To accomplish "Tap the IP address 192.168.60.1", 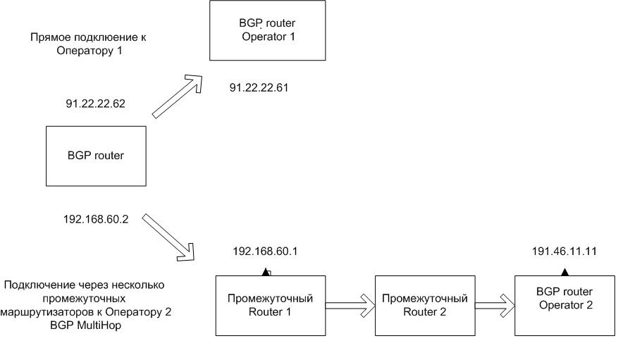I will [x=264, y=251].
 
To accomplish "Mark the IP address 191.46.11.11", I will [x=564, y=251].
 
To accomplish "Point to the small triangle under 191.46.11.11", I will [x=564, y=271].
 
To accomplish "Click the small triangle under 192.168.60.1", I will [x=264, y=271].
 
